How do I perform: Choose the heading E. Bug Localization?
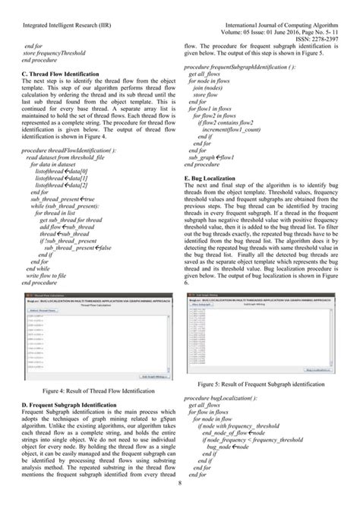(x=219, y=178)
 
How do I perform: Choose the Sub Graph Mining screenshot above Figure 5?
(x=270, y=335)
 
